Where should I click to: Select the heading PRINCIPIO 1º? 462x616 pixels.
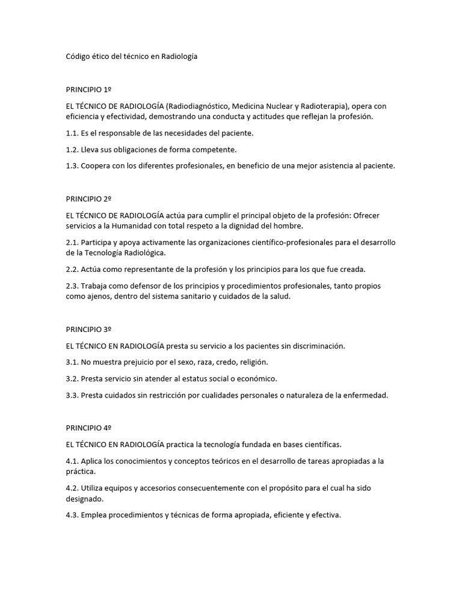click(x=88, y=90)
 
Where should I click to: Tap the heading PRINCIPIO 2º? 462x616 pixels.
click(x=88, y=198)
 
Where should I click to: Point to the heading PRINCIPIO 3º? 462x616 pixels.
click(x=88, y=330)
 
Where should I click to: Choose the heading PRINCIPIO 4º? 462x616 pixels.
click(x=88, y=428)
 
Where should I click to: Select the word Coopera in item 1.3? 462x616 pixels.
click(x=96, y=166)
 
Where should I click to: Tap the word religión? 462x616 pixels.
click(x=253, y=362)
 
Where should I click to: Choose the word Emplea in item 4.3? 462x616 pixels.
click(x=94, y=515)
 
